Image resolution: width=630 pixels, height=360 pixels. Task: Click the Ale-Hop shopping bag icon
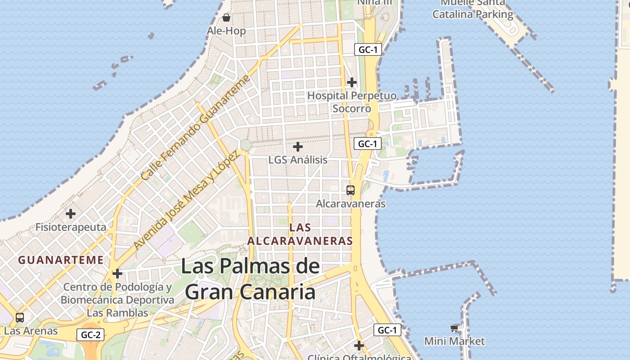coord(226,18)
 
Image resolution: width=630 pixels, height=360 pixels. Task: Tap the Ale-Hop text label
coord(226,31)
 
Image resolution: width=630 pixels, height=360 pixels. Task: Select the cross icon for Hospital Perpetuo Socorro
coord(352,82)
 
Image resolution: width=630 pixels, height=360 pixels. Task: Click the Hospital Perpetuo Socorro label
coord(352,102)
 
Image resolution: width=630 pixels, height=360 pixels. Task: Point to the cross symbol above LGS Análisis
coord(298,147)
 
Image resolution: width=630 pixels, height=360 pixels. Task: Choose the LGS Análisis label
coord(298,160)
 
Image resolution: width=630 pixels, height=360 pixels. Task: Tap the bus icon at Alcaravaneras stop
coord(351,190)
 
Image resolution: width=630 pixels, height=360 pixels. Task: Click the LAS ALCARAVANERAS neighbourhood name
coord(300,234)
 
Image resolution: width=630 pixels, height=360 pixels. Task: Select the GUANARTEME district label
coord(61,260)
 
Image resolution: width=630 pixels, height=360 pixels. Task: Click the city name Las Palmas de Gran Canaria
coord(250,279)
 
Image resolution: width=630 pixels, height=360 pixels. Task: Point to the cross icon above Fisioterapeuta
coord(71,214)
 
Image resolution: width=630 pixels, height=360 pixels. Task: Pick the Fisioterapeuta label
coord(71,227)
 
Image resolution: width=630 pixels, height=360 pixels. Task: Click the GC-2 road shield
coord(91,335)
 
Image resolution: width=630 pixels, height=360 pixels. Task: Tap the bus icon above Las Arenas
coord(20,318)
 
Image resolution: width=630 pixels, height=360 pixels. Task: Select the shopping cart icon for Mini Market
coord(454,328)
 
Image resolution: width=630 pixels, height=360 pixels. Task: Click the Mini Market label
coord(454,341)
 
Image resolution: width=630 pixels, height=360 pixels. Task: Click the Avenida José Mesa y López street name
coord(185,200)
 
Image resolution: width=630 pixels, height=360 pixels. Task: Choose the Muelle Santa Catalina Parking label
coord(472,9)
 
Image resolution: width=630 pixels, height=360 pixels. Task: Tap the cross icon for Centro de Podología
coord(117,274)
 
